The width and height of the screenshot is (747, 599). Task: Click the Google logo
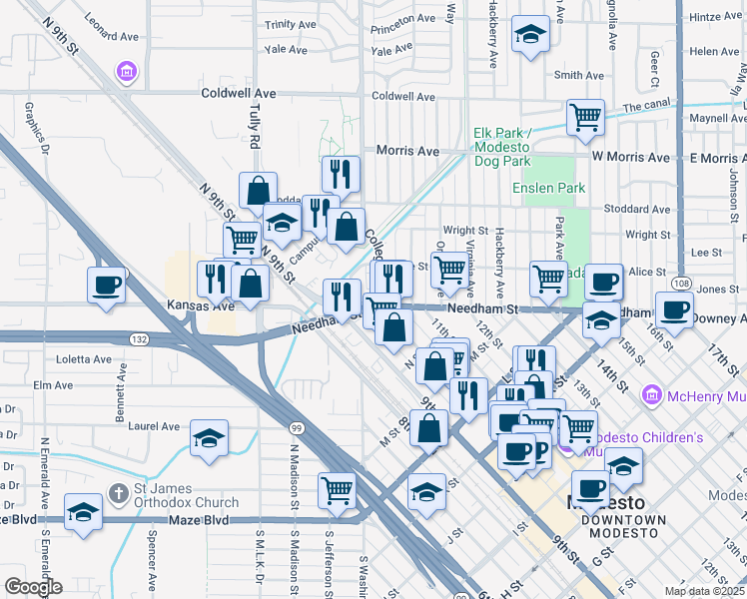[33, 587]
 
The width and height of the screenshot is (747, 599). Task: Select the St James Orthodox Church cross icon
[118, 493]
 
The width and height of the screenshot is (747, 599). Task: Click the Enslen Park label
[548, 188]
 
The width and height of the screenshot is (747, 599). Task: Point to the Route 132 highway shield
[140, 339]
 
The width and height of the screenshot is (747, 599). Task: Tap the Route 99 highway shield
[296, 428]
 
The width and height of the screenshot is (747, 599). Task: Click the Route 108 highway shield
[678, 284]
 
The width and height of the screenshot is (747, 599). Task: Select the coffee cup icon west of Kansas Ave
[107, 286]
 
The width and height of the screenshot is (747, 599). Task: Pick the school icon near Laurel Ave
[209, 438]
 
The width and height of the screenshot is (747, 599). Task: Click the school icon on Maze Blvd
[83, 513]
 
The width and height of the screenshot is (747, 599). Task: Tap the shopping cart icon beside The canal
[585, 116]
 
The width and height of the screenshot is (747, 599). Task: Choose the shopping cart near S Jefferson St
[338, 489]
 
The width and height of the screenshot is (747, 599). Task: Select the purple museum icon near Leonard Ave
[127, 72]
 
